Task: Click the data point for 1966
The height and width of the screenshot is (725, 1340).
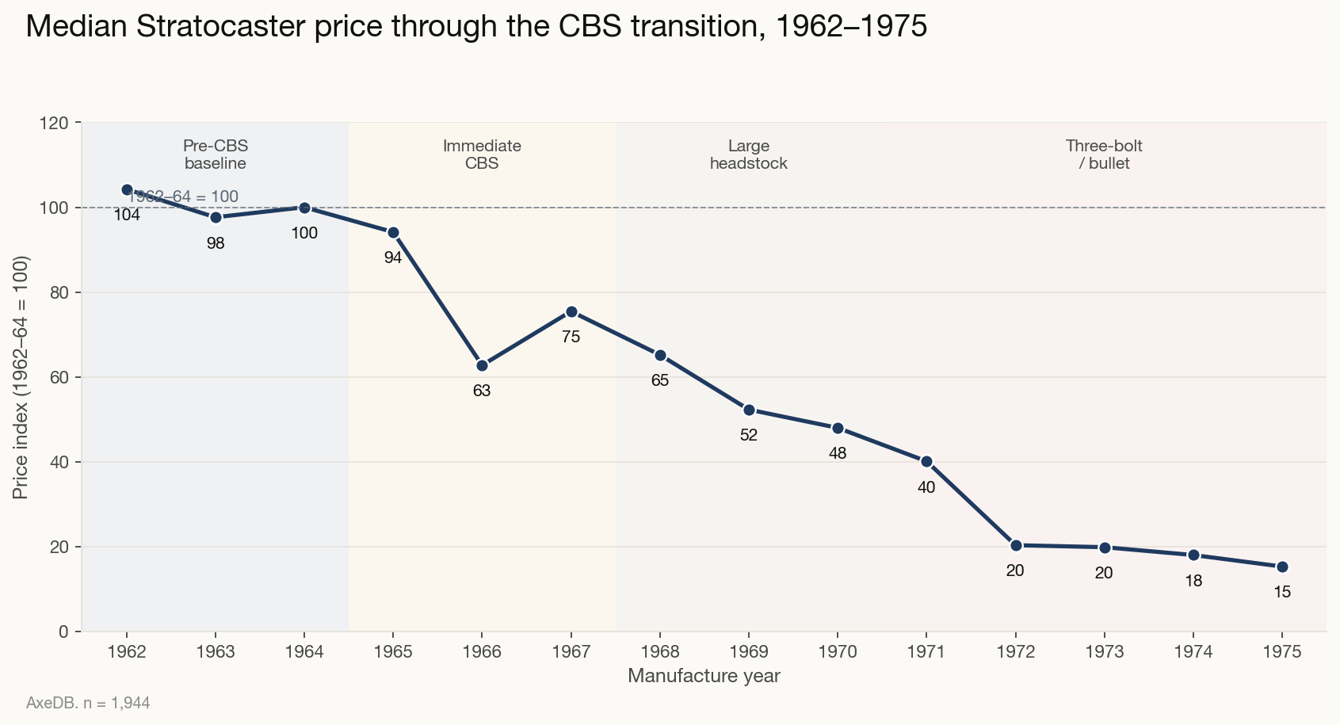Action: pyautogui.click(x=482, y=365)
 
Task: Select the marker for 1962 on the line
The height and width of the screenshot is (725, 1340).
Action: pyautogui.click(x=127, y=189)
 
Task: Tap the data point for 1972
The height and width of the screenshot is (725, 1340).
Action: pyautogui.click(x=1016, y=545)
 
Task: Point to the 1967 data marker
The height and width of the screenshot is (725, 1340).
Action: pyautogui.click(x=571, y=312)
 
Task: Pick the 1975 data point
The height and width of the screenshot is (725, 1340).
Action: pyautogui.click(x=1282, y=567)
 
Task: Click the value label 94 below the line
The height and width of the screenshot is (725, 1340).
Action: pyautogui.click(x=393, y=258)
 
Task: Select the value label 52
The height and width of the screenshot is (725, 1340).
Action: pyautogui.click(x=749, y=435)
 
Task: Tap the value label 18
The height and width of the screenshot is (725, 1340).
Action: pyautogui.click(x=1193, y=581)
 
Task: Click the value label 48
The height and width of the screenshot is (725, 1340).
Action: pyautogui.click(x=838, y=454)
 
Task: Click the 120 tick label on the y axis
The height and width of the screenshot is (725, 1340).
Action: pyautogui.click(x=58, y=123)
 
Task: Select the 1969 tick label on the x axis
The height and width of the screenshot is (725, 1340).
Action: pyautogui.click(x=749, y=652)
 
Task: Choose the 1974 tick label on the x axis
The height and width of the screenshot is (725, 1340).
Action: pyautogui.click(x=1193, y=652)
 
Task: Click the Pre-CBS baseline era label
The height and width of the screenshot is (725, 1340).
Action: pyautogui.click(x=216, y=155)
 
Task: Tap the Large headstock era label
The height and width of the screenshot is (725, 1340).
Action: pyautogui.click(x=749, y=155)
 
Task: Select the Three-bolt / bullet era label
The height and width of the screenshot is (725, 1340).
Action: pyautogui.click(x=1104, y=155)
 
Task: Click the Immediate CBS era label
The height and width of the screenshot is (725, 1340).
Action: pyautogui.click(x=482, y=155)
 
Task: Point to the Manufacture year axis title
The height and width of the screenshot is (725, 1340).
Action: pyautogui.click(x=704, y=676)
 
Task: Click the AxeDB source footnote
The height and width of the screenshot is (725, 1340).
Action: pyautogui.click(x=88, y=703)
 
